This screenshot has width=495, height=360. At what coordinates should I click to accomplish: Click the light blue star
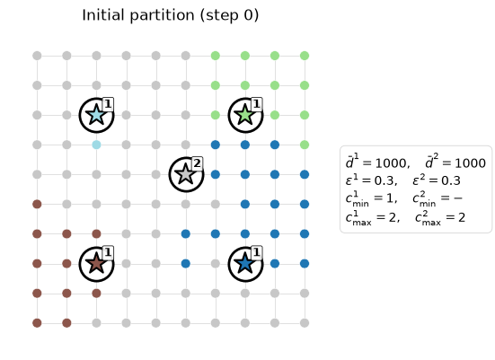[x=96, y=115]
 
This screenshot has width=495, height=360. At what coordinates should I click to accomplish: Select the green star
[x=245, y=115]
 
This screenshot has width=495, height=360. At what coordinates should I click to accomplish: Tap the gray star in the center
[x=186, y=174]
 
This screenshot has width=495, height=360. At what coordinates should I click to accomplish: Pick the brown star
[x=96, y=263]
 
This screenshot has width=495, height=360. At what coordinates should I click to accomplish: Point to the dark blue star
[x=245, y=263]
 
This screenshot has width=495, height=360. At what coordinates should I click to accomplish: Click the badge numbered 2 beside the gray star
[x=197, y=163]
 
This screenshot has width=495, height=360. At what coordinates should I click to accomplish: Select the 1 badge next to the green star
[x=257, y=104]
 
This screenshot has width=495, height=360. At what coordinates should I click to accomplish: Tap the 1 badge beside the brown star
[x=108, y=252]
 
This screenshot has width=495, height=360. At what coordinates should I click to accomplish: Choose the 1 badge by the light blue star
[x=108, y=104]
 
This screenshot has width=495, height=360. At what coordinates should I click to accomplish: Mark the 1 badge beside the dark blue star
[x=257, y=252]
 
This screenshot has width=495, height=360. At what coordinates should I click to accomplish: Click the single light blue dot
[x=96, y=145]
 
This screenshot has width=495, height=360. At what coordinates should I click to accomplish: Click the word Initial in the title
[x=102, y=15]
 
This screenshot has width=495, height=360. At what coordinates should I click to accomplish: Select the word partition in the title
[x=162, y=16]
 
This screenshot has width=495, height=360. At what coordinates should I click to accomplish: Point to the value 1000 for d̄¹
[x=391, y=163]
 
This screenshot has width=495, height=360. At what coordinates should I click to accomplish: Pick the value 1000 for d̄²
[x=470, y=163]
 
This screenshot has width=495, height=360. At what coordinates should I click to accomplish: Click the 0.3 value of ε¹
[x=384, y=180]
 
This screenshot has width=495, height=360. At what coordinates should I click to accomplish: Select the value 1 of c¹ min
[x=390, y=198]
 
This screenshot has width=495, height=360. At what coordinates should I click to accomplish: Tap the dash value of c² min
[x=458, y=198]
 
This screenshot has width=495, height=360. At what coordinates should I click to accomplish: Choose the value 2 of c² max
[x=462, y=217]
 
